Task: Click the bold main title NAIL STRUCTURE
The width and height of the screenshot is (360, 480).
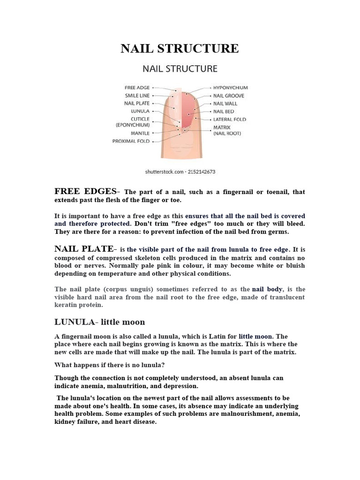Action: point(180,48)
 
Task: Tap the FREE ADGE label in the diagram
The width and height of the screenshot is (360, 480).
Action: point(137,88)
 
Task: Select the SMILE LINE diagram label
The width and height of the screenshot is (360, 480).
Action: point(137,96)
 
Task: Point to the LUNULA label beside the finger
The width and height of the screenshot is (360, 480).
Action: point(140,111)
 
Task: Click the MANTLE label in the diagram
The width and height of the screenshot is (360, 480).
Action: point(140,133)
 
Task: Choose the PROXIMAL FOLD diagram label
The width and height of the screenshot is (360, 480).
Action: point(131,141)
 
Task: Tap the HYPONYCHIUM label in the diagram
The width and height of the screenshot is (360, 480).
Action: point(231,88)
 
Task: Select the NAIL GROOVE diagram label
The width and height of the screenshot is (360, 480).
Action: point(228,96)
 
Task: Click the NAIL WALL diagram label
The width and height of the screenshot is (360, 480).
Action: point(225,104)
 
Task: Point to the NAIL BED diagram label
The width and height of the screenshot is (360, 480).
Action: point(224,112)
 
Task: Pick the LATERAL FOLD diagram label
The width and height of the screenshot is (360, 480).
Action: point(229,120)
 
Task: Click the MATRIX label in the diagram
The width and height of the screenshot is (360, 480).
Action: point(222,127)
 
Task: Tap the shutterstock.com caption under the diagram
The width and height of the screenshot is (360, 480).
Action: point(180,172)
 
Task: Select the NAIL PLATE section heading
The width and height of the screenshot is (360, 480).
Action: point(84,249)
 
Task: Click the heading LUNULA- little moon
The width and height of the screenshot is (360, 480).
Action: point(100,322)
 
